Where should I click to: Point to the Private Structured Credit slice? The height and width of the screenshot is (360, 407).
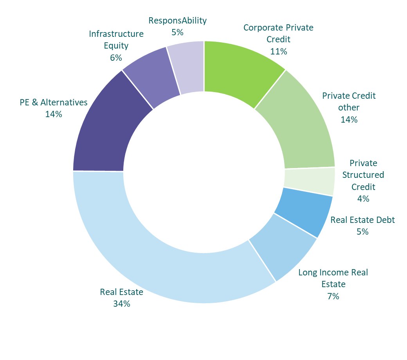(x=309, y=181)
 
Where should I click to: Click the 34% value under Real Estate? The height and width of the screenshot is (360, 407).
(x=122, y=304)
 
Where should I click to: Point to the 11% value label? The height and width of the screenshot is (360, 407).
(x=279, y=51)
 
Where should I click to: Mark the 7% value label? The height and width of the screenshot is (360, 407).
(x=333, y=296)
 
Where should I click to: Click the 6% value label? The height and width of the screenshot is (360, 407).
(x=116, y=58)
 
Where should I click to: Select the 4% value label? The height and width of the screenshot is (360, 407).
(x=363, y=199)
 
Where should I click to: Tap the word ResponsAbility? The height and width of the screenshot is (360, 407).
(x=178, y=20)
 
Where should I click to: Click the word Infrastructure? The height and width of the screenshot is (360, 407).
(x=116, y=34)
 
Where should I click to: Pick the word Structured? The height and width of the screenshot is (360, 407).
(x=363, y=175)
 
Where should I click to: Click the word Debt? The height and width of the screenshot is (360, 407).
(x=386, y=220)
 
